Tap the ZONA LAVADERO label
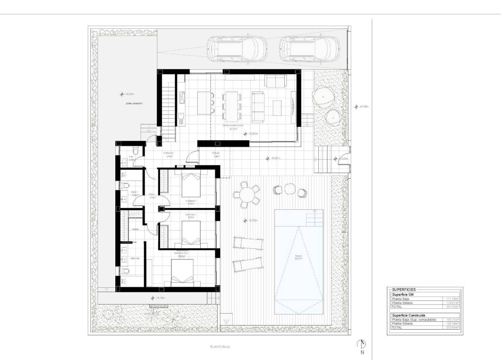[134, 104]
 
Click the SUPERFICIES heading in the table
[404, 289]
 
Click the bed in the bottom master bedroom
[183, 273]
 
